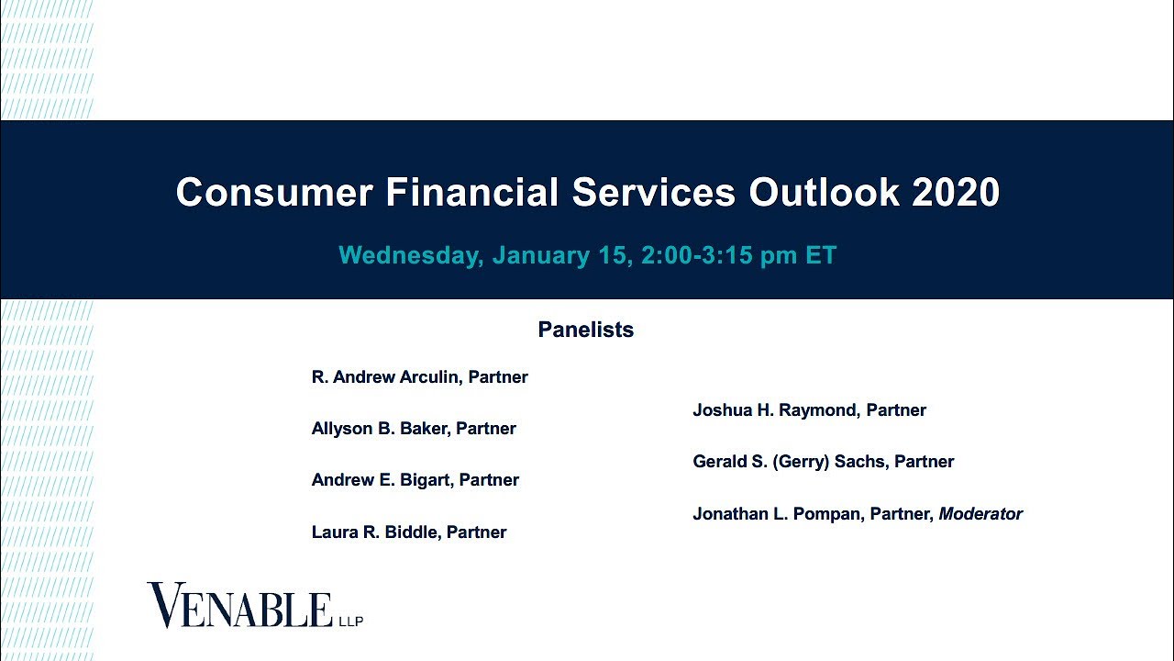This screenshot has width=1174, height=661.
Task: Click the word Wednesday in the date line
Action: coord(410,255)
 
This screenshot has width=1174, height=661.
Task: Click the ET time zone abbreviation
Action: coord(821,255)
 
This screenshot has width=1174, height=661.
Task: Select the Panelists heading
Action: coord(585,330)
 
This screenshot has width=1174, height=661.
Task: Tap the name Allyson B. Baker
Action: coord(380,429)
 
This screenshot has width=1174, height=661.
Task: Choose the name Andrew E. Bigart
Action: coord(382,480)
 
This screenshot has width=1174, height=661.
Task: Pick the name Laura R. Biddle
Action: coord(375,532)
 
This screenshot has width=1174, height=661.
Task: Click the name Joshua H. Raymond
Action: coord(774,410)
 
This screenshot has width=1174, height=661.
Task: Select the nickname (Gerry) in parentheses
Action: coord(803,462)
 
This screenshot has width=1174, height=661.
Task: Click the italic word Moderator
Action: coord(980,514)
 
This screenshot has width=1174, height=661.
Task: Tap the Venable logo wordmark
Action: coord(239,607)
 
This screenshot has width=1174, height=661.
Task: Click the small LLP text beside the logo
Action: coord(351,622)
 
